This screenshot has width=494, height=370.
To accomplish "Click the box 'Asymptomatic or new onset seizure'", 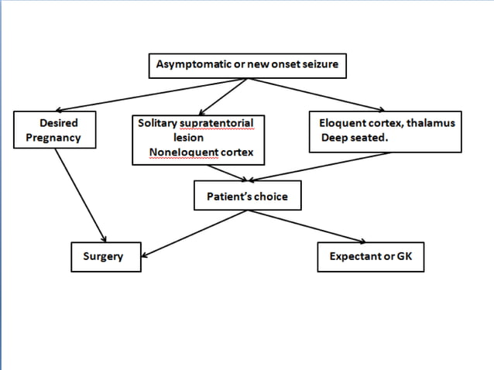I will (247, 65).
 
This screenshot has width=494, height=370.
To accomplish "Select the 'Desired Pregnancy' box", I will (59, 131).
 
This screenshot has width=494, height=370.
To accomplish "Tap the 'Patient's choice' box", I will (247, 197).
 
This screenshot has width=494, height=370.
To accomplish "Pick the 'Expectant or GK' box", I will (371, 256).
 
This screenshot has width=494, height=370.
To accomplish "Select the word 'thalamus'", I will (433, 123).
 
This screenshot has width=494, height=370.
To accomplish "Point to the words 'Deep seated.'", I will (352, 138).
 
